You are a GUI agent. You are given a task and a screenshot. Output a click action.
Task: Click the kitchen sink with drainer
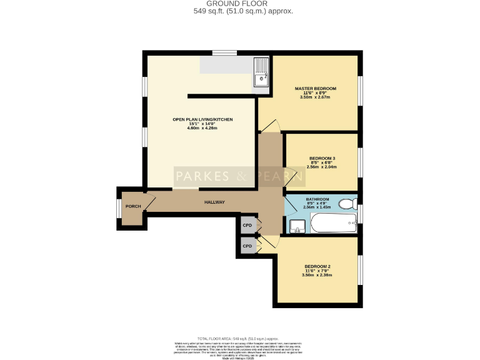coord(261,72)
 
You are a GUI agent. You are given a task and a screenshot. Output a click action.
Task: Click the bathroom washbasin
coord(297,226)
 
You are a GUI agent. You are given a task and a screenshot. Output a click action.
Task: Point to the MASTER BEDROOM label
coord(315,89)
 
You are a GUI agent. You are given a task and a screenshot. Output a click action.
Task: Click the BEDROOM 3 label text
coord(322,158)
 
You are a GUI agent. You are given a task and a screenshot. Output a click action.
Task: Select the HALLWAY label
coord(214,202)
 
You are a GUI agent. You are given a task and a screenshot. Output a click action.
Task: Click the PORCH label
coord(132,206)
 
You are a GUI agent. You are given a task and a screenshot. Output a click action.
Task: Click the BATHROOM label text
coord(317,199)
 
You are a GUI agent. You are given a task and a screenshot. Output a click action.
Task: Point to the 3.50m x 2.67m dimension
coord(315,97)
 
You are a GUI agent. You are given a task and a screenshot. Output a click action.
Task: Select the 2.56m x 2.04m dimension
coord(322,167)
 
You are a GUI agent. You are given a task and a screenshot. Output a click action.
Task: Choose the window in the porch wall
coord(118,208)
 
